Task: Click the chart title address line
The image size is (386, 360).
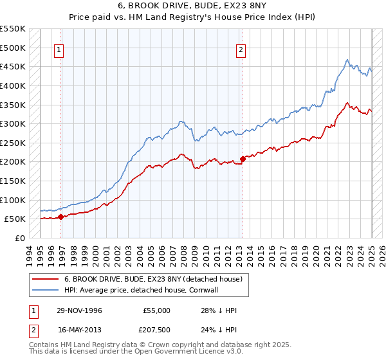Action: (193, 6)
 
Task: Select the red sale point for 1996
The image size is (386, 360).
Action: (60, 217)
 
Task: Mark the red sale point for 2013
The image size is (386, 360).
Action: (243, 159)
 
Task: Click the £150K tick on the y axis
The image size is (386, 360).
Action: (13, 181)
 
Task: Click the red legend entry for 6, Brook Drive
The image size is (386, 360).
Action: (152, 279)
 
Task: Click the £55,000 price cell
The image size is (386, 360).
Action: (156, 310)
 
